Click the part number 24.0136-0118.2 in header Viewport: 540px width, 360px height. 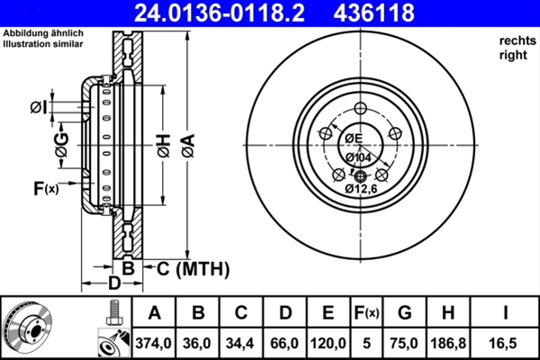pyautogui.click(x=220, y=13)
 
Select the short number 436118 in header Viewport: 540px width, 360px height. pyautogui.click(x=373, y=13)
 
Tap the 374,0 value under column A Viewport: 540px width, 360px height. pyautogui.click(x=154, y=343)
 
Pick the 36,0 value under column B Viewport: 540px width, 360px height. pyautogui.click(x=197, y=343)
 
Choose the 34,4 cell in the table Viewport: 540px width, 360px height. pyautogui.click(x=240, y=343)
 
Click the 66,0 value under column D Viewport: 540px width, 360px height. pyautogui.click(x=284, y=343)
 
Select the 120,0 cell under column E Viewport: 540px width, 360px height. pyautogui.click(x=328, y=343)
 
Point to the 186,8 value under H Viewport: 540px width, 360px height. pyautogui.click(x=448, y=343)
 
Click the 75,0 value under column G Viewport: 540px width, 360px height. pyautogui.click(x=404, y=343)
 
